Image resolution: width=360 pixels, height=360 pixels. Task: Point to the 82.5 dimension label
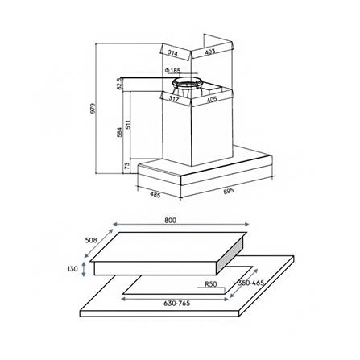pos(118,83)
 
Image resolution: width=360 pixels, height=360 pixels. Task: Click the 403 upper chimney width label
pos(209,52)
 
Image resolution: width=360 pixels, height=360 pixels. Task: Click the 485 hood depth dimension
pos(155,194)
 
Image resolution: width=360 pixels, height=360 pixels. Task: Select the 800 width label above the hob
pos(169,220)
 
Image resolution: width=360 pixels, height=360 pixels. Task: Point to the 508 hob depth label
pos(90,238)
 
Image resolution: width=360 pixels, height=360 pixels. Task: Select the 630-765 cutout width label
pos(176,304)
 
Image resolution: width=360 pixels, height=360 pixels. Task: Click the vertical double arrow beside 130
pos(86,270)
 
